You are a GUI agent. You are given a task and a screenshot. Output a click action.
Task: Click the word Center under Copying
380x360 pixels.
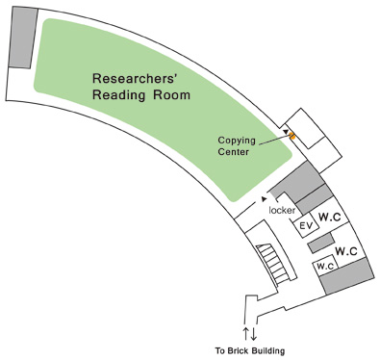234,151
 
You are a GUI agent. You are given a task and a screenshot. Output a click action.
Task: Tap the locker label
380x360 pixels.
282,209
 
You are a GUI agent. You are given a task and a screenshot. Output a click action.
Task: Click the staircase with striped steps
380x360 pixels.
274,264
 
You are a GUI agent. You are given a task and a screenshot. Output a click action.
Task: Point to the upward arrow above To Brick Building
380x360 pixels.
245,333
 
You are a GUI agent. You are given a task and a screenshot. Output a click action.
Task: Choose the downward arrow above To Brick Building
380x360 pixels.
253,333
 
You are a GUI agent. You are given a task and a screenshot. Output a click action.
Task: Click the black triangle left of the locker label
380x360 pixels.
263,200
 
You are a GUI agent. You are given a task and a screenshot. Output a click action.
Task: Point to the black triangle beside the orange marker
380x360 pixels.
286,129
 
